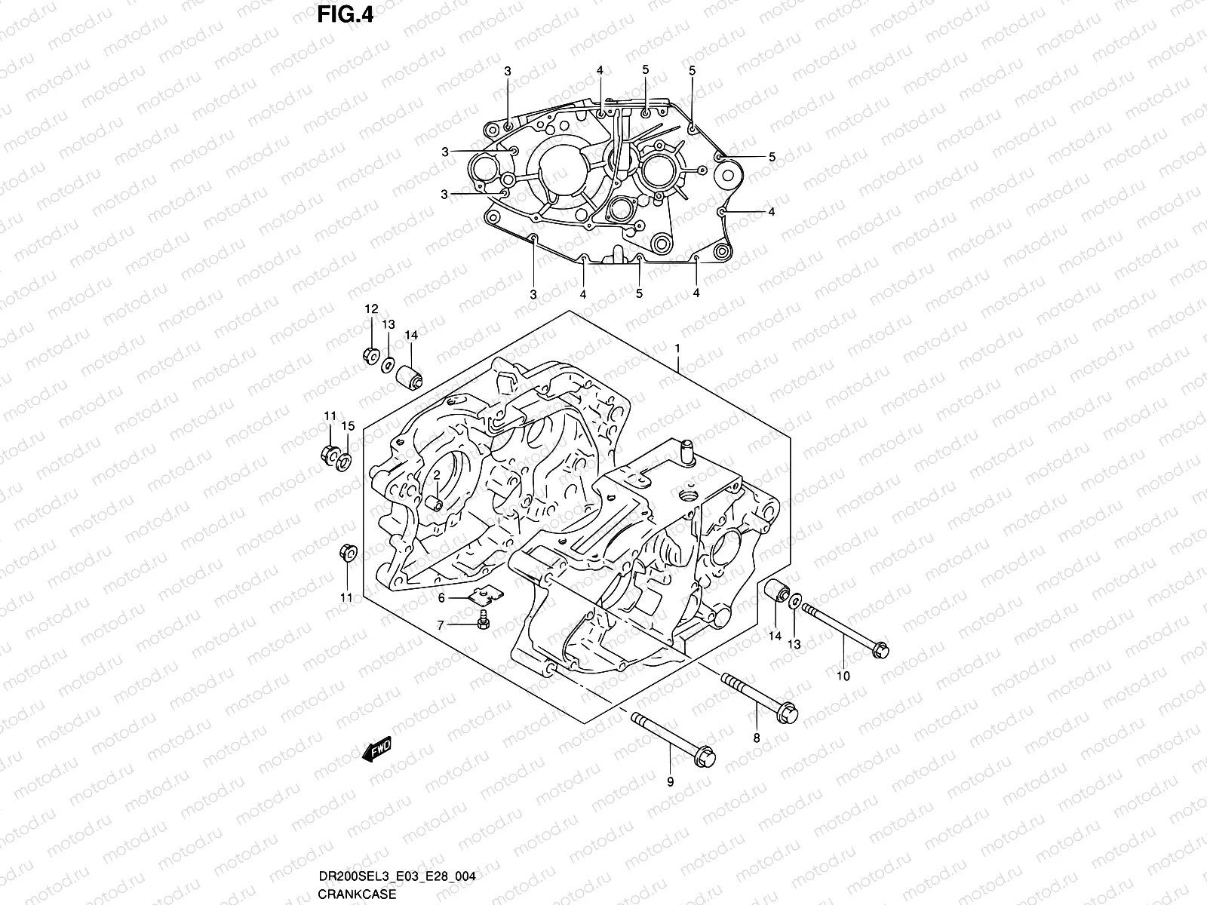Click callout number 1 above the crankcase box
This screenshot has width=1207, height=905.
point(677,349)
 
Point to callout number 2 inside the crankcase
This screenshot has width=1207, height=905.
point(436,473)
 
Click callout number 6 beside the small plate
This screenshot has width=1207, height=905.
point(443,597)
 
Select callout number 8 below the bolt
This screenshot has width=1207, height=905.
point(757,738)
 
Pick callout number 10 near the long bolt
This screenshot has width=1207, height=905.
point(843,676)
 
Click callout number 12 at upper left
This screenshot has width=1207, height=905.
point(371,309)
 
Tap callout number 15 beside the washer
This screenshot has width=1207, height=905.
point(347,426)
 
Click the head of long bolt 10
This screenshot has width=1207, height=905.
point(879,651)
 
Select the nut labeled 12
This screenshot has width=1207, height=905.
point(370,355)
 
